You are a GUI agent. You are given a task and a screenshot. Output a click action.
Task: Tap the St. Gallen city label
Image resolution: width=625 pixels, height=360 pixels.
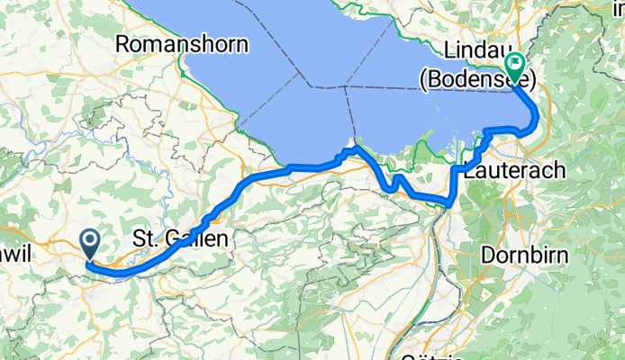pos(181,238)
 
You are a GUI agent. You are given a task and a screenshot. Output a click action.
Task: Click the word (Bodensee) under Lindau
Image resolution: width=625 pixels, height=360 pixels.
pos(477,79)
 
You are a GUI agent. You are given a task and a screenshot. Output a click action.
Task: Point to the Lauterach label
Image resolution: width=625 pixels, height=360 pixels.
pos(516,169)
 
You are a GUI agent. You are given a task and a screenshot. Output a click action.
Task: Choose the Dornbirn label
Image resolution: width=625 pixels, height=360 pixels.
pos(524,255)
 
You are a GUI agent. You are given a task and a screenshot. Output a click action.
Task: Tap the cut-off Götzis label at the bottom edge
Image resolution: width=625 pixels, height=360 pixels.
pos(432,355)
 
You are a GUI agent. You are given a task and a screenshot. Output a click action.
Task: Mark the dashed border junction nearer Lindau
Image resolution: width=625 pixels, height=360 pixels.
pos(347,87)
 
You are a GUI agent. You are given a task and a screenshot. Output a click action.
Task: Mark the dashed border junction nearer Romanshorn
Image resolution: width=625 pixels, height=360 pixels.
pos(312,87)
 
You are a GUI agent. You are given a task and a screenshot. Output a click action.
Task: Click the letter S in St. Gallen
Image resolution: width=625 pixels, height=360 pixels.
pos(139,238)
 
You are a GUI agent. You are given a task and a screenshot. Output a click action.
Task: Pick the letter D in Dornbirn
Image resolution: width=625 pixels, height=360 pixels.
pos(487,255)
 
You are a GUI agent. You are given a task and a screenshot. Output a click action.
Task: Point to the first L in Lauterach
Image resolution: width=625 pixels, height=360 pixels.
pos(469,169)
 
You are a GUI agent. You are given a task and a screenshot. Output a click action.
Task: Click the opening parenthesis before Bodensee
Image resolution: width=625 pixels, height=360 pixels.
pos(423,79)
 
